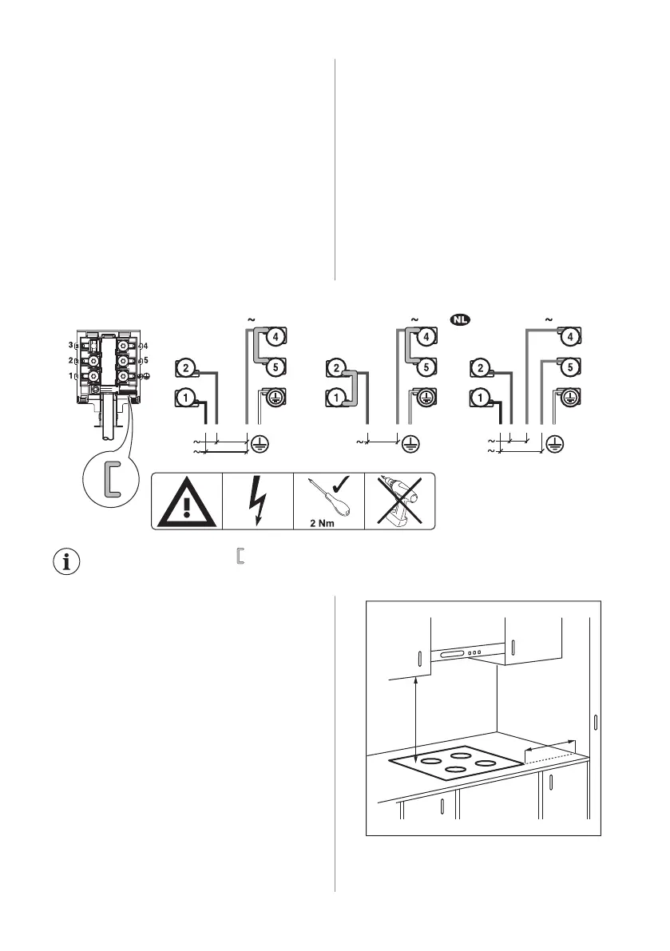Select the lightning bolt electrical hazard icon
point(258,501)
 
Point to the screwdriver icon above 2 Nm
point(319,494)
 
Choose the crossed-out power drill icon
point(400,501)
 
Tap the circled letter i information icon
point(66,561)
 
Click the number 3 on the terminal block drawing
point(71,345)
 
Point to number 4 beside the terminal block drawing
point(145,346)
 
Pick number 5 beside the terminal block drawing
point(145,360)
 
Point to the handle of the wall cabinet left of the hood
point(418,660)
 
